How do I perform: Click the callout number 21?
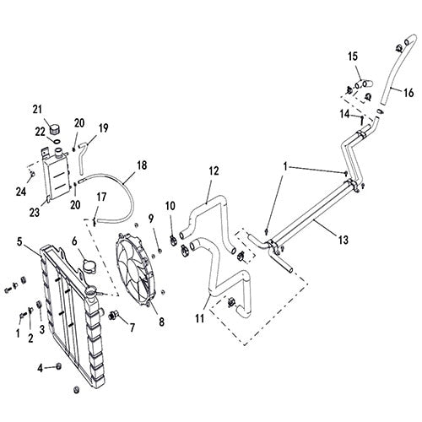click(37, 109)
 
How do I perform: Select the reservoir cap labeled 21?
click(55, 130)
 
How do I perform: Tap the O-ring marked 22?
click(57, 141)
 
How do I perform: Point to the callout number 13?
click(344, 240)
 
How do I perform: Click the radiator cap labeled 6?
click(89, 267)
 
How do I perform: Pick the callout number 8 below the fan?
click(161, 322)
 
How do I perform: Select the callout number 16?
click(408, 92)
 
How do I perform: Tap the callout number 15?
click(353, 56)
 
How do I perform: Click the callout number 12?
click(214, 170)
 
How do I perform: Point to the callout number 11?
click(200, 318)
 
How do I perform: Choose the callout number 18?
click(142, 165)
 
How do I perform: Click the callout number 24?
click(21, 192)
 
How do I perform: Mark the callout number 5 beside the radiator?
click(19, 242)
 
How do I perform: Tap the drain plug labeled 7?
click(114, 316)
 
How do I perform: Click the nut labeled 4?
click(59, 366)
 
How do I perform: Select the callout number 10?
click(170, 206)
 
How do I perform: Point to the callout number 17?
click(101, 197)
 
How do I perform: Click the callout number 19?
click(104, 128)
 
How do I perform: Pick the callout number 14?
click(345, 114)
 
